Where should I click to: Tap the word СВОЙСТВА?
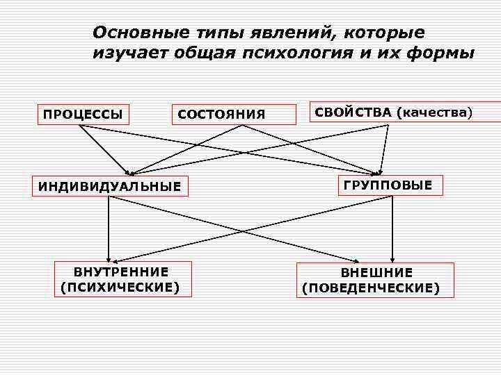pos(353,112)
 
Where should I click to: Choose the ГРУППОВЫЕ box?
pos(388,185)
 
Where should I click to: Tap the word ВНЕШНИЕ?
pos(376,273)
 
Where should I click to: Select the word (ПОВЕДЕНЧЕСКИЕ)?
pos(371,287)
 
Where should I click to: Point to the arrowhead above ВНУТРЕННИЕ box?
pos(109,258)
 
